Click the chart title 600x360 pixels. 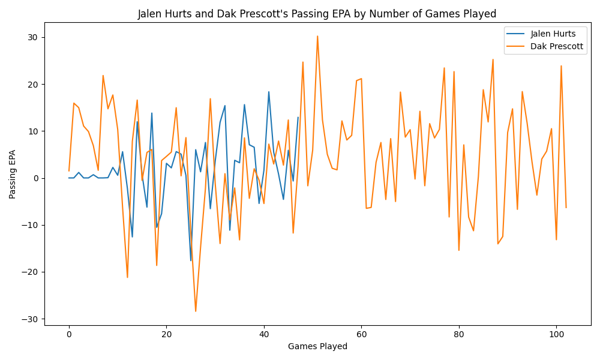coord(317,14)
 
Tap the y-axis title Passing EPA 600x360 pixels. coord(13,174)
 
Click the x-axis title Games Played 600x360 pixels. coord(317,346)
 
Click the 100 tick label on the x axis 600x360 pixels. coord(556,334)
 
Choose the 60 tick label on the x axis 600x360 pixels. coord(361,334)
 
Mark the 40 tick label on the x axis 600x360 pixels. coord(264,334)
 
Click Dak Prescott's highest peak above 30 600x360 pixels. coord(317,36)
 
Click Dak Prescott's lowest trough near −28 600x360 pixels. coord(196,311)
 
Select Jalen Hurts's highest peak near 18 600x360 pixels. coord(269,92)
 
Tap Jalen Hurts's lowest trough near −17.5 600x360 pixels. coord(191,260)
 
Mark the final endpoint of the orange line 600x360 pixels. coord(566,208)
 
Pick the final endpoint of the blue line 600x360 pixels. coord(298,117)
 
